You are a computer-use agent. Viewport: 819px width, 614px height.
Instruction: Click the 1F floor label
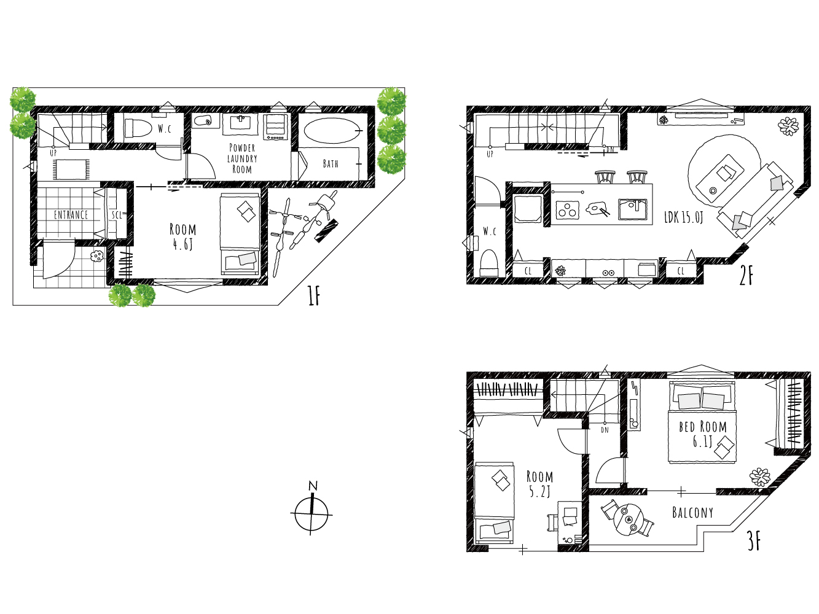[x=314, y=295]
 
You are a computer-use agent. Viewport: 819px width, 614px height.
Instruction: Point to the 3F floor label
[x=754, y=542]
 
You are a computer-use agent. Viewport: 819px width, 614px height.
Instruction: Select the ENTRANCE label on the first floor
[x=71, y=215]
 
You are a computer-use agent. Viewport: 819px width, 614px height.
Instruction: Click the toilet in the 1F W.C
[x=137, y=128]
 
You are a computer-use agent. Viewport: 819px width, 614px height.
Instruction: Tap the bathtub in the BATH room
[x=332, y=130]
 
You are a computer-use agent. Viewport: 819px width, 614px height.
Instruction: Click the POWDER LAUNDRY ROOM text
[x=242, y=158]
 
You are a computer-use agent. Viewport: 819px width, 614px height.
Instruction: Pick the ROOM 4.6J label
[x=183, y=236]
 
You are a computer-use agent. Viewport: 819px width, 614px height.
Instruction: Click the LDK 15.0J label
[x=684, y=217]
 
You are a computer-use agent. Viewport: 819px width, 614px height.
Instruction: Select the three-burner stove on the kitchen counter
[x=568, y=210]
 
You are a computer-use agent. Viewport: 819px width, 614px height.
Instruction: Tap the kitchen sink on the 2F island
[x=632, y=209]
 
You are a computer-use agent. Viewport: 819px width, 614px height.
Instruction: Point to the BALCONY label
[x=692, y=513]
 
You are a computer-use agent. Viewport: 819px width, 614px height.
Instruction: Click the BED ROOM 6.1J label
[x=703, y=434]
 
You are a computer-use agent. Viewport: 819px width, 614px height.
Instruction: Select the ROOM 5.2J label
[x=539, y=484]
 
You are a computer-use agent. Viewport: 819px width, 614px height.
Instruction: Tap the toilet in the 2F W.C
[x=489, y=263]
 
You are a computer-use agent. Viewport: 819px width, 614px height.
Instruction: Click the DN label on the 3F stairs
[x=605, y=430]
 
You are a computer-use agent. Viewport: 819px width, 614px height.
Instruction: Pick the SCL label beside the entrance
[x=117, y=215]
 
